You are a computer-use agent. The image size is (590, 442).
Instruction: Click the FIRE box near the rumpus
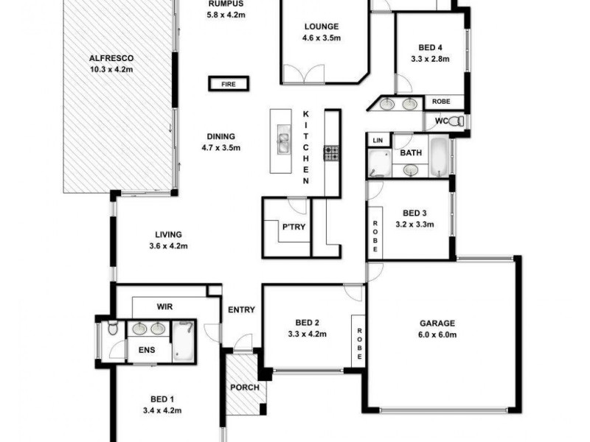point(228,85)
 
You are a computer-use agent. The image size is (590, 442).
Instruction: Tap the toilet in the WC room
point(457,121)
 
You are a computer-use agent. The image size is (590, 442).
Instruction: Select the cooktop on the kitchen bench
point(331,153)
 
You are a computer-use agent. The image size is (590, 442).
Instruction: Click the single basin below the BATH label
point(412,171)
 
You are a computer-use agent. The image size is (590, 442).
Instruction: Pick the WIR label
point(164,305)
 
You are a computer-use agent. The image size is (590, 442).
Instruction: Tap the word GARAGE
point(438,323)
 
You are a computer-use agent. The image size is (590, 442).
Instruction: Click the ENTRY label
point(241,310)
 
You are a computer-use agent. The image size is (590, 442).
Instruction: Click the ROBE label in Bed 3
point(375,236)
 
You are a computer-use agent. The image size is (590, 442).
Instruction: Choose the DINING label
point(221,136)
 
